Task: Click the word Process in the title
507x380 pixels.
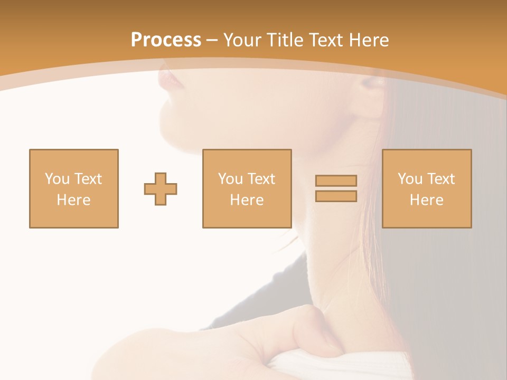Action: pyautogui.click(x=166, y=40)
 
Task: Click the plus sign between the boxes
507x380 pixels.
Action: pyautogui.click(x=161, y=189)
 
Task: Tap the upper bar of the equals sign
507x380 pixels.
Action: pyautogui.click(x=336, y=180)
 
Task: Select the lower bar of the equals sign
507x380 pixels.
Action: pyautogui.click(x=336, y=196)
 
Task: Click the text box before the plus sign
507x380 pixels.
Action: pyautogui.click(x=74, y=189)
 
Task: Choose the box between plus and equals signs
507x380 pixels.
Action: pyautogui.click(x=247, y=189)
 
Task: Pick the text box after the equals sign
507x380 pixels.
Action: pyautogui.click(x=427, y=189)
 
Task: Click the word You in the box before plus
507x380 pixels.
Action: pyautogui.click(x=57, y=179)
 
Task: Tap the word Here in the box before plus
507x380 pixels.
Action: pyautogui.click(x=73, y=200)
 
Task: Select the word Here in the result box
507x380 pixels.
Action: pyautogui.click(x=426, y=200)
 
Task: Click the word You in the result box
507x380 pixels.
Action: pyautogui.click(x=409, y=179)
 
